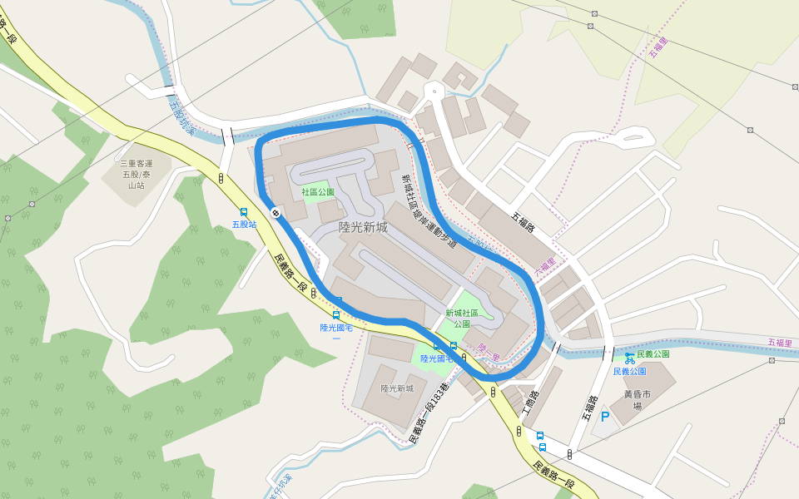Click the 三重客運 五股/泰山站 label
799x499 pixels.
click(x=132, y=175)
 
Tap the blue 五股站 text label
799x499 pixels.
click(x=244, y=225)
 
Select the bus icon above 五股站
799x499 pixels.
click(x=244, y=212)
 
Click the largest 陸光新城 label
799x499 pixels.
click(x=363, y=226)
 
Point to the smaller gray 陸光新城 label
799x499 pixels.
click(x=397, y=388)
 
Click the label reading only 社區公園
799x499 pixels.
click(x=317, y=192)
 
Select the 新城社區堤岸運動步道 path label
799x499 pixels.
click(x=429, y=211)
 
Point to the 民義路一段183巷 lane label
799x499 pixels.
click(x=429, y=413)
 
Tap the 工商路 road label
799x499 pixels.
click(x=530, y=404)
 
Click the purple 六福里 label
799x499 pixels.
click(x=544, y=268)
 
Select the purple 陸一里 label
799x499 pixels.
click(x=489, y=353)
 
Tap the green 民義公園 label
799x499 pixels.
click(x=653, y=354)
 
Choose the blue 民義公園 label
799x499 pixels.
click(x=630, y=371)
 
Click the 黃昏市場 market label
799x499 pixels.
click(x=638, y=401)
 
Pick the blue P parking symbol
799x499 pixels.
click(x=605, y=417)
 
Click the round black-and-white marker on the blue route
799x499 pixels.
click(x=275, y=214)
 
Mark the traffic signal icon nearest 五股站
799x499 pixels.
click(x=221, y=178)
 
